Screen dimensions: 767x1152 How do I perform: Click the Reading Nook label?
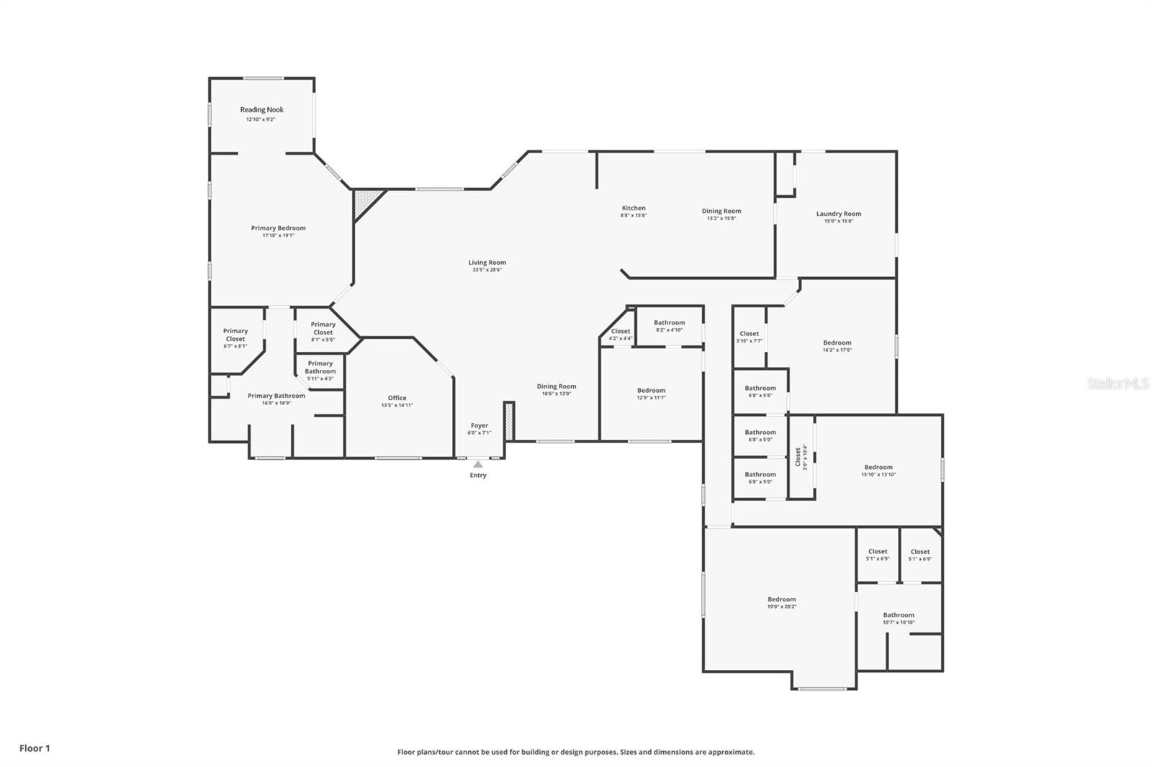tap(261, 110)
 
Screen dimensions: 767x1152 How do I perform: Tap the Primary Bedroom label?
tap(278, 228)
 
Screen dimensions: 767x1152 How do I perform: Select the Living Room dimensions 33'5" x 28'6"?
tap(487, 271)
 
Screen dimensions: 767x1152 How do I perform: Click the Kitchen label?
tap(634, 208)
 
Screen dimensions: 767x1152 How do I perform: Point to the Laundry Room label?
tap(838, 214)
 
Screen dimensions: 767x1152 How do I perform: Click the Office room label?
tap(397, 398)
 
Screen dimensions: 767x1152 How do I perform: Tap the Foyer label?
tap(479, 425)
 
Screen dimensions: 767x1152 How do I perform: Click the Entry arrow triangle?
tap(478, 465)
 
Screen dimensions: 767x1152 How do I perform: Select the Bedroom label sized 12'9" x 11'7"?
tap(651, 390)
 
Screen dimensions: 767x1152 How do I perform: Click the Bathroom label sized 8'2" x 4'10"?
tap(669, 322)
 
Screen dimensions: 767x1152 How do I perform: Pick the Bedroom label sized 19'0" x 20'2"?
tap(781, 599)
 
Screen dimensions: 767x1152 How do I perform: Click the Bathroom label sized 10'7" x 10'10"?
tap(899, 615)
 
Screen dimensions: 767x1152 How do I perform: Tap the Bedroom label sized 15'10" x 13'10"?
tap(878, 467)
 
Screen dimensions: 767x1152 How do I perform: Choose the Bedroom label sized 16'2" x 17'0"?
tap(837, 342)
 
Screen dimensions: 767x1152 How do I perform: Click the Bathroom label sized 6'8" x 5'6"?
tap(760, 388)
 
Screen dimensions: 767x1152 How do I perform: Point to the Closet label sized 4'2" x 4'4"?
tap(620, 331)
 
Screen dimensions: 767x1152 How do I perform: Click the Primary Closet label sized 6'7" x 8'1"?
tap(235, 335)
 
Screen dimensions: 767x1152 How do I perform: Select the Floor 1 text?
tap(35, 748)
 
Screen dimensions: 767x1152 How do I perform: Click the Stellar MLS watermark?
tap(1117, 384)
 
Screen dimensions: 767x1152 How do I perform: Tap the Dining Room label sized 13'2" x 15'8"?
tap(721, 211)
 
